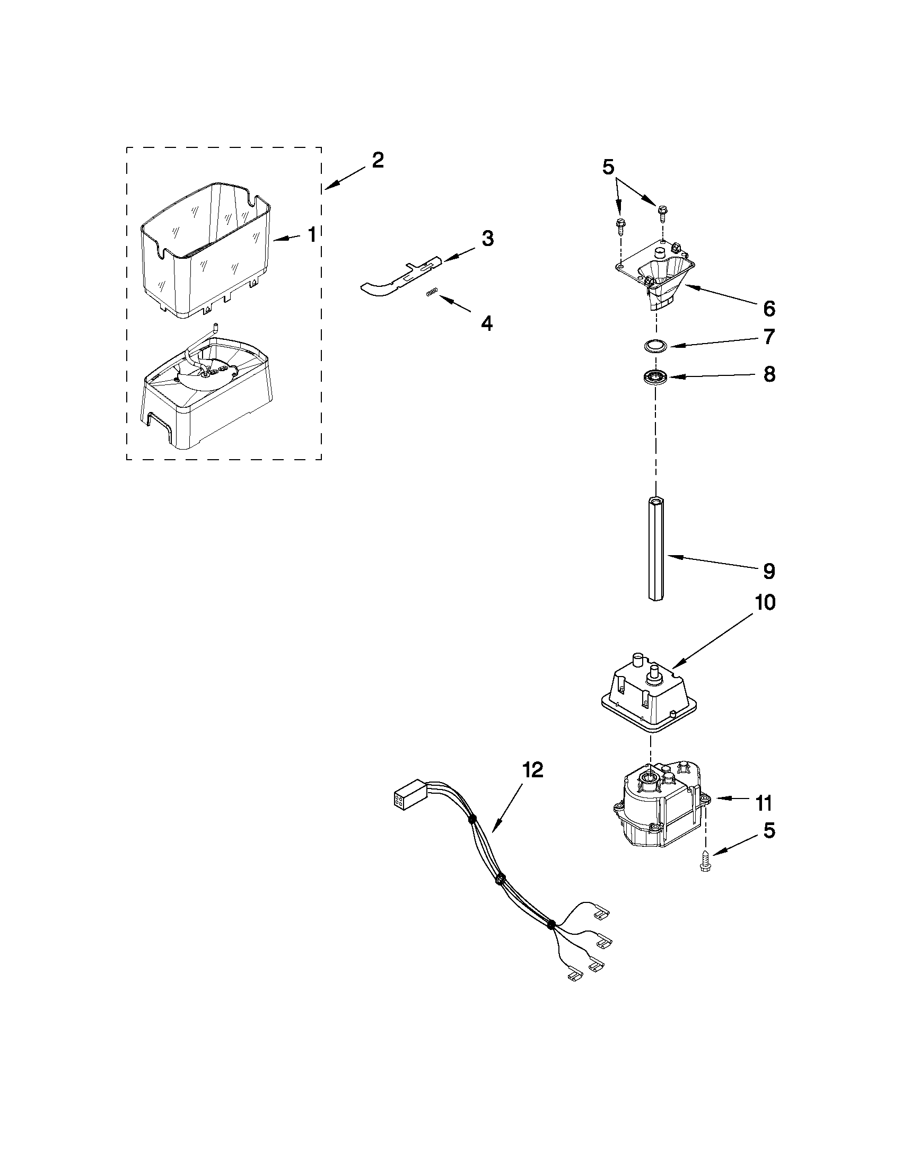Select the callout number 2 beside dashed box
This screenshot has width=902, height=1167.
pyautogui.click(x=377, y=160)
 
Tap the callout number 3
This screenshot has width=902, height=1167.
pyautogui.click(x=487, y=239)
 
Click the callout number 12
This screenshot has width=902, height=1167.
pyautogui.click(x=532, y=770)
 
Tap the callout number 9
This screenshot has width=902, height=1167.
pyautogui.click(x=768, y=571)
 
